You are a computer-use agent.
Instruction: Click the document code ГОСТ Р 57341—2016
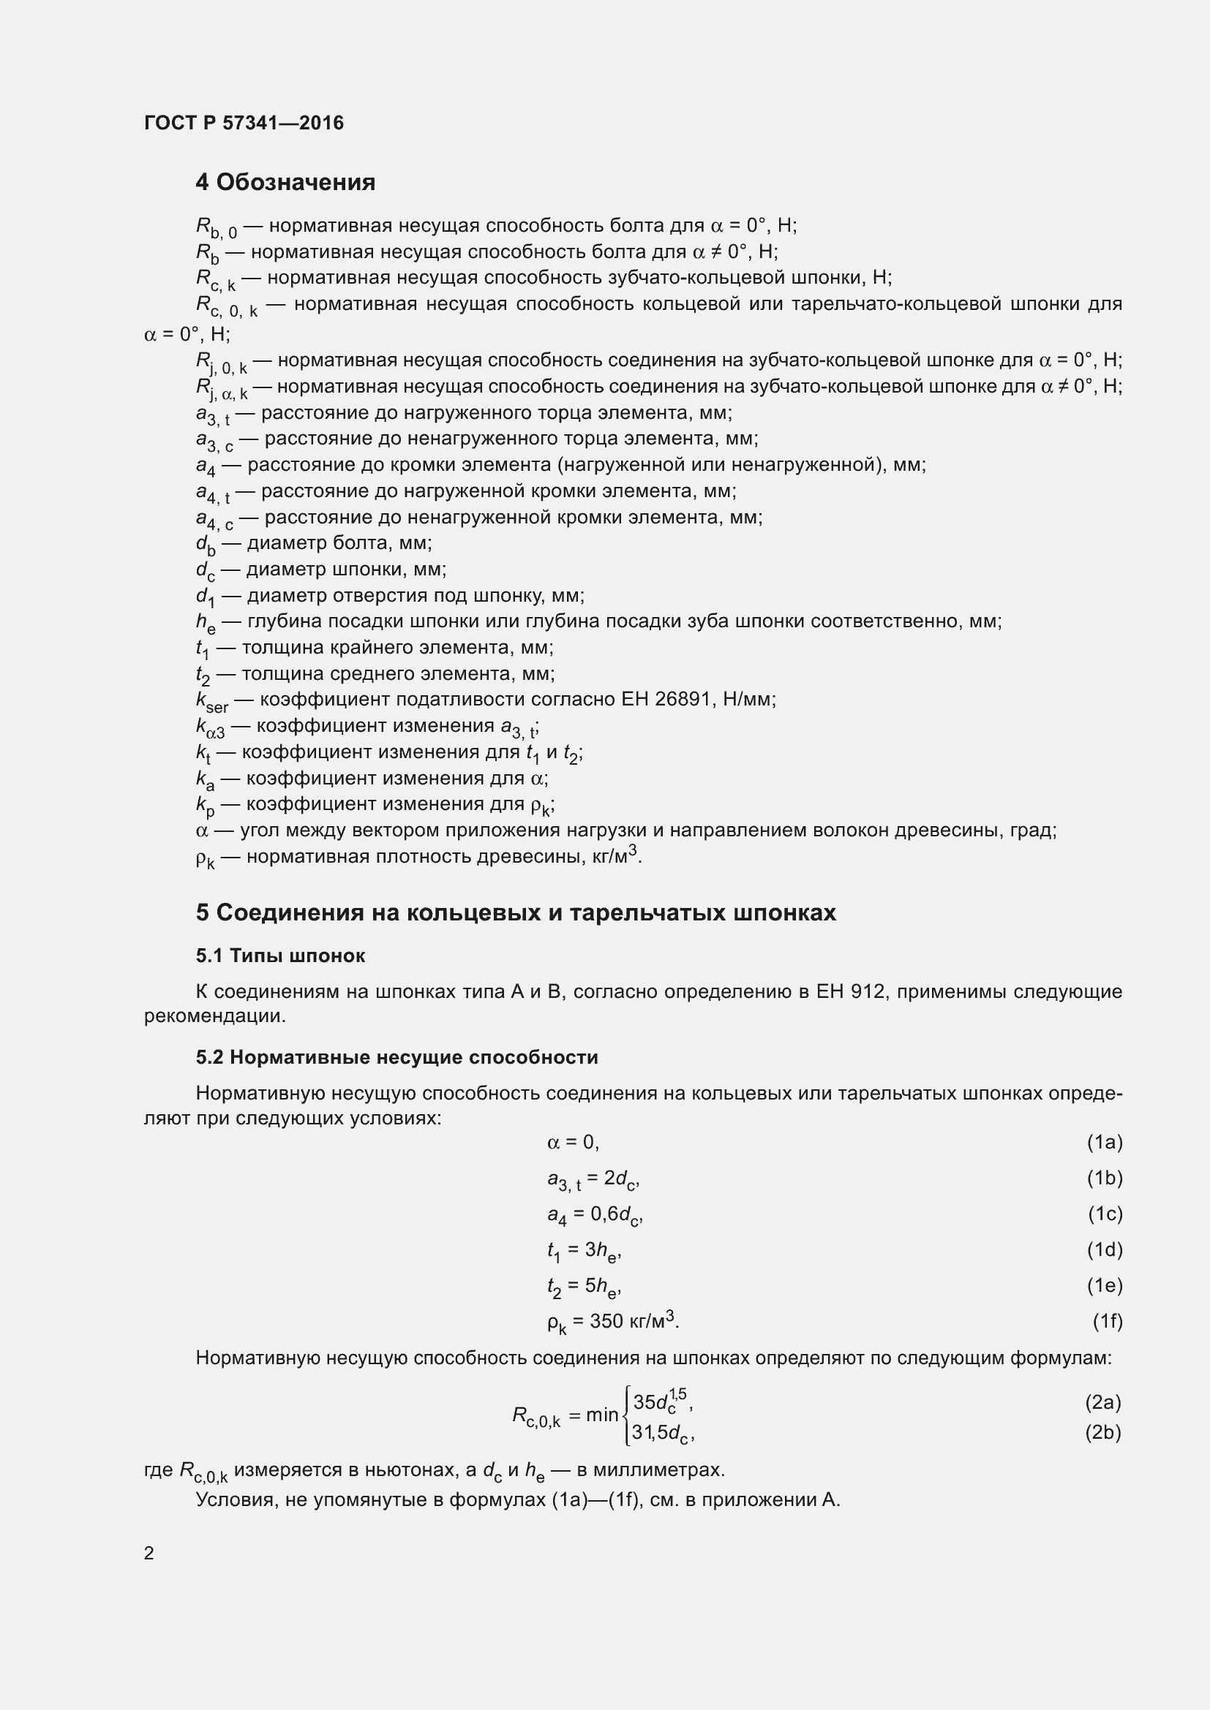tap(244, 123)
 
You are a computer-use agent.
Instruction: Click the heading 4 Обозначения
tap(285, 182)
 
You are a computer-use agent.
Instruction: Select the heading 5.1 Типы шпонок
tap(280, 956)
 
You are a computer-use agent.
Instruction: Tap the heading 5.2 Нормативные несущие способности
tap(397, 1058)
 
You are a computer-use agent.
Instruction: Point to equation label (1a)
tap(1104, 1143)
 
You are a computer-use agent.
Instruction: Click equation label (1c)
tap(1104, 1214)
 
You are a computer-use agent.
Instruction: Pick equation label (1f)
tap(1106, 1321)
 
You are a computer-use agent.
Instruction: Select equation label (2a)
tap(1102, 1402)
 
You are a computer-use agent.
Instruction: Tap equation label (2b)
tap(1102, 1432)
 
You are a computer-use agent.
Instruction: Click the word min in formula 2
tap(602, 1415)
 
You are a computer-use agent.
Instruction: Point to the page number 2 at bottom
tap(149, 1553)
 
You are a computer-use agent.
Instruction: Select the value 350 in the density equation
tap(606, 1321)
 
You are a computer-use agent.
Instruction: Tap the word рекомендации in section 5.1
tap(214, 1017)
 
